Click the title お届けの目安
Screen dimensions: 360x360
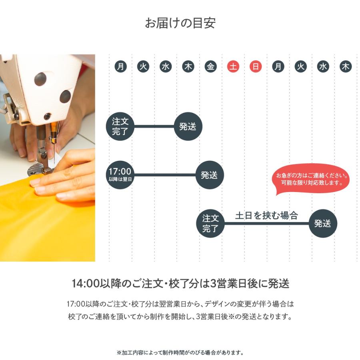tap(180, 23)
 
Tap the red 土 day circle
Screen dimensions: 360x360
tap(233, 67)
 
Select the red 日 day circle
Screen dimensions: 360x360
tap(256, 67)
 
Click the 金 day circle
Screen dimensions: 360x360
tap(211, 67)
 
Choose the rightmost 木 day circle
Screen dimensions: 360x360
tap(346, 67)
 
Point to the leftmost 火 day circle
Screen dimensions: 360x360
tap(143, 67)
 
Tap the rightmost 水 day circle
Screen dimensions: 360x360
tap(323, 67)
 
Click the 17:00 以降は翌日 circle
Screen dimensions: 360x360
tap(120, 175)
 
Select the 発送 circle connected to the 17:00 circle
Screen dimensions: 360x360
tap(210, 175)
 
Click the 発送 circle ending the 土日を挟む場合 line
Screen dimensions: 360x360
tap(322, 223)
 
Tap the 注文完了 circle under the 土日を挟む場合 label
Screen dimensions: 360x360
tap(210, 223)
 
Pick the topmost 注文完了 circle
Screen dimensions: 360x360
tap(120, 127)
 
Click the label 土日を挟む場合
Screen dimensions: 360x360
tap(266, 216)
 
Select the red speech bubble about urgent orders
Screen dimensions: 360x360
tap(312, 179)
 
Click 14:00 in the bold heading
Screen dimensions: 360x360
tap(83, 284)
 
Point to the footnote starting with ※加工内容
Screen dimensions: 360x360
tap(180, 353)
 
